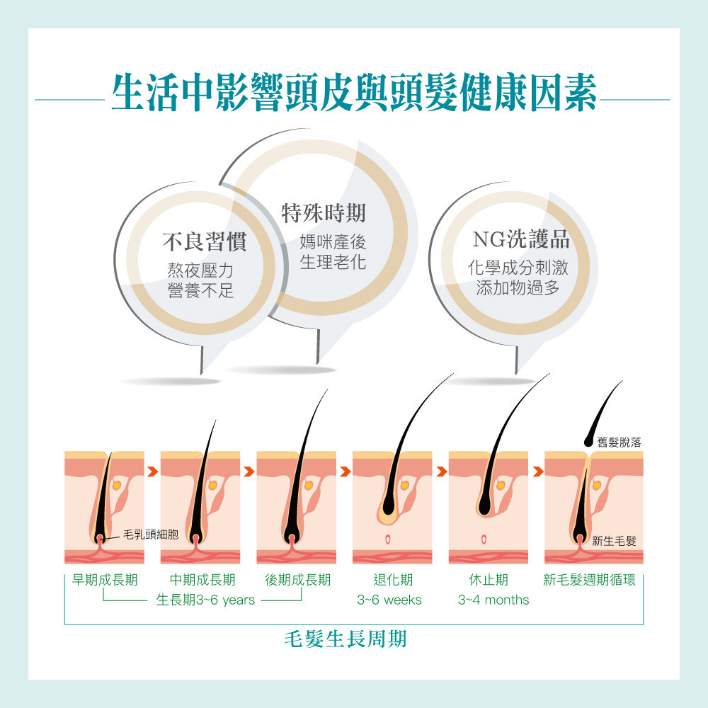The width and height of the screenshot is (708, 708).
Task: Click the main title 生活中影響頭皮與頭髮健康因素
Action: (354, 92)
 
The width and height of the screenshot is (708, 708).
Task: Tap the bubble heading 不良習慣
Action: (205, 241)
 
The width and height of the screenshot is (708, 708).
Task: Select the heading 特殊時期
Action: (324, 213)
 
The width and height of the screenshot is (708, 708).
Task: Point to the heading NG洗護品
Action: (521, 239)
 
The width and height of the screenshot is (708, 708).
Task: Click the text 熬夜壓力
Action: (200, 270)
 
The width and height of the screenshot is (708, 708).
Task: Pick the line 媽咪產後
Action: (333, 242)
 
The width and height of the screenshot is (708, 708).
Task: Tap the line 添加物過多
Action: (518, 287)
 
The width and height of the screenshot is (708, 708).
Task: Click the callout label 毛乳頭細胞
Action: (151, 535)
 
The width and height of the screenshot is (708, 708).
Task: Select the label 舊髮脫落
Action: (619, 442)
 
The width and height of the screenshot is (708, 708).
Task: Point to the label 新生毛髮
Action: (614, 541)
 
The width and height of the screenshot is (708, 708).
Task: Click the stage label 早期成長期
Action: (105, 580)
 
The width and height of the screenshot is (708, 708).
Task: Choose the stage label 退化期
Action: (393, 580)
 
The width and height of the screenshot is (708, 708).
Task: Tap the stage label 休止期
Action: (489, 580)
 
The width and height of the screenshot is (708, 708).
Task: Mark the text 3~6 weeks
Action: (389, 600)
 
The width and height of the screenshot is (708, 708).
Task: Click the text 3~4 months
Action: (493, 600)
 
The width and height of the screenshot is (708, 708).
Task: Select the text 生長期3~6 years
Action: (205, 600)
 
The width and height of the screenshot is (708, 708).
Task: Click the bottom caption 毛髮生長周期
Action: (346, 639)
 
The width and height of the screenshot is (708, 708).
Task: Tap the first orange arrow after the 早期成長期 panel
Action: (153, 472)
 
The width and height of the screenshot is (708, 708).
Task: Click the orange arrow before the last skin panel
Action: (538, 472)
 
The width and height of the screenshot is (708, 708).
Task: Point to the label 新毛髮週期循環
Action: (589, 580)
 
